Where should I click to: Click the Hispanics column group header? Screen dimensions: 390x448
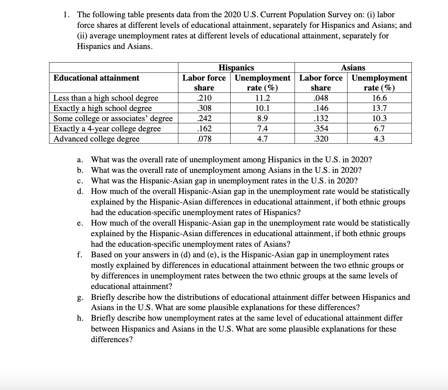point(236,68)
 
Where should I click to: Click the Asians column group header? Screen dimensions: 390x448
point(353,68)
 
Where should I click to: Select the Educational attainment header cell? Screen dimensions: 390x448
point(96,78)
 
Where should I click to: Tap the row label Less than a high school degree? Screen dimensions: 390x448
point(106,98)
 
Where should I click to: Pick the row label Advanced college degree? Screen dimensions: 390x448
point(96,139)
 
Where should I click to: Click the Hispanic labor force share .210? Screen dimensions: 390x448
point(204,98)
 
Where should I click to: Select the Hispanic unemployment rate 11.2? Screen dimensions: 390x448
point(262,98)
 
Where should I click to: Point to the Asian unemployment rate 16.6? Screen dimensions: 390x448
point(379,98)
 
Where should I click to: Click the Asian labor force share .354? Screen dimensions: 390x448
point(321,128)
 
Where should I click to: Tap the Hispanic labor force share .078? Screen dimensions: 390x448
point(204,139)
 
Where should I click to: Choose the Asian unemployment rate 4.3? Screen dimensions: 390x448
point(379,139)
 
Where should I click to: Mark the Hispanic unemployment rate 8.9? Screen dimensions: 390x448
point(262,118)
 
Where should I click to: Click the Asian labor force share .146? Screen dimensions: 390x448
point(321,108)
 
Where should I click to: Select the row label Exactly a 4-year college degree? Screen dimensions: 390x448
point(107,128)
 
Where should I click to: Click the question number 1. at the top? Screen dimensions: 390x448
point(66,15)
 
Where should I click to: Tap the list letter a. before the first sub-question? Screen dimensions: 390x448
point(80,160)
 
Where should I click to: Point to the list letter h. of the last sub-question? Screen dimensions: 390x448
point(80,318)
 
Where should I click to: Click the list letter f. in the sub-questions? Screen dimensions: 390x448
point(80,255)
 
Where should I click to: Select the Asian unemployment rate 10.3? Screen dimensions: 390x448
point(379,118)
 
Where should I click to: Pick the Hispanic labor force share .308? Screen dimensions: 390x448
point(204,108)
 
